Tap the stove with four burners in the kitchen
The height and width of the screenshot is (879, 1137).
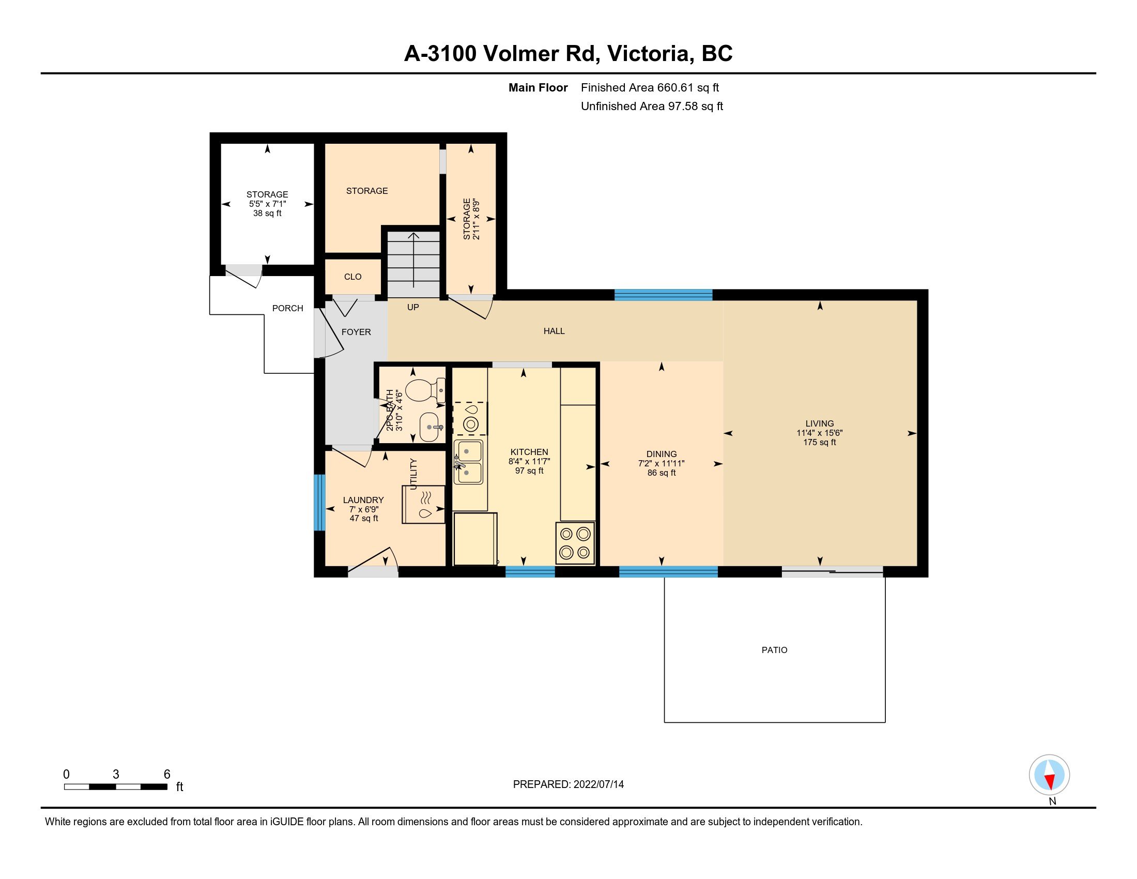(575, 542)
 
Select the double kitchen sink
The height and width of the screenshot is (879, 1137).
(469, 462)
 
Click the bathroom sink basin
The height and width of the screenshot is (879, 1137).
(430, 427)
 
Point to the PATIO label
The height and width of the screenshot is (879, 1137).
(774, 650)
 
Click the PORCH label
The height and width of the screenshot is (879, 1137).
(287, 308)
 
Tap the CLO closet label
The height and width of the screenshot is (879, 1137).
(352, 277)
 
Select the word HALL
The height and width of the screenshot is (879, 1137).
(554, 331)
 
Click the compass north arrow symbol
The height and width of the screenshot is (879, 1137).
(1050, 775)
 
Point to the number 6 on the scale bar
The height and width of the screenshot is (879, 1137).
(167, 774)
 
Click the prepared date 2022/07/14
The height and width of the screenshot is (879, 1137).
(598, 784)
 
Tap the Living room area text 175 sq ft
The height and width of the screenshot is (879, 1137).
(820, 442)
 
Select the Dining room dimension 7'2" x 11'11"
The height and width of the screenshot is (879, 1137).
(661, 463)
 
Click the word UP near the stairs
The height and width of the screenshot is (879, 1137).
(413, 307)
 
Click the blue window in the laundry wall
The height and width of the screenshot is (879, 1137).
(319, 503)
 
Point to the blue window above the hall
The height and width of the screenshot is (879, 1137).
(663, 295)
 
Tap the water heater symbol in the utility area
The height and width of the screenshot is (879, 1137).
(423, 504)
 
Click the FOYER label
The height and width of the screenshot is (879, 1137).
(356, 332)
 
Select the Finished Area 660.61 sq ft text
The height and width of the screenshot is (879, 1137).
(650, 87)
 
